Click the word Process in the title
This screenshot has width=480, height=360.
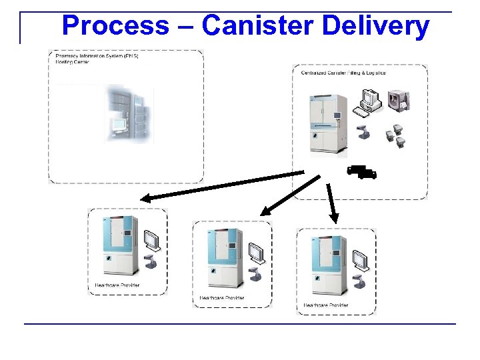(x=115, y=26)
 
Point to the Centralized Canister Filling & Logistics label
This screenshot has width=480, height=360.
(x=343, y=73)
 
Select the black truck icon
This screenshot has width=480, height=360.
(x=362, y=172)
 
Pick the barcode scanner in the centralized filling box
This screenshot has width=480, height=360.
(x=364, y=131)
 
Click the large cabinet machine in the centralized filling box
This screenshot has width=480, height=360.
(x=326, y=123)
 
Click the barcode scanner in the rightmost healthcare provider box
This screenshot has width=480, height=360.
(x=360, y=281)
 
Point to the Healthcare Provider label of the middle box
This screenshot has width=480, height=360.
(x=221, y=298)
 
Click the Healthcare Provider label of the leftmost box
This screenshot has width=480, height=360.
(x=117, y=286)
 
